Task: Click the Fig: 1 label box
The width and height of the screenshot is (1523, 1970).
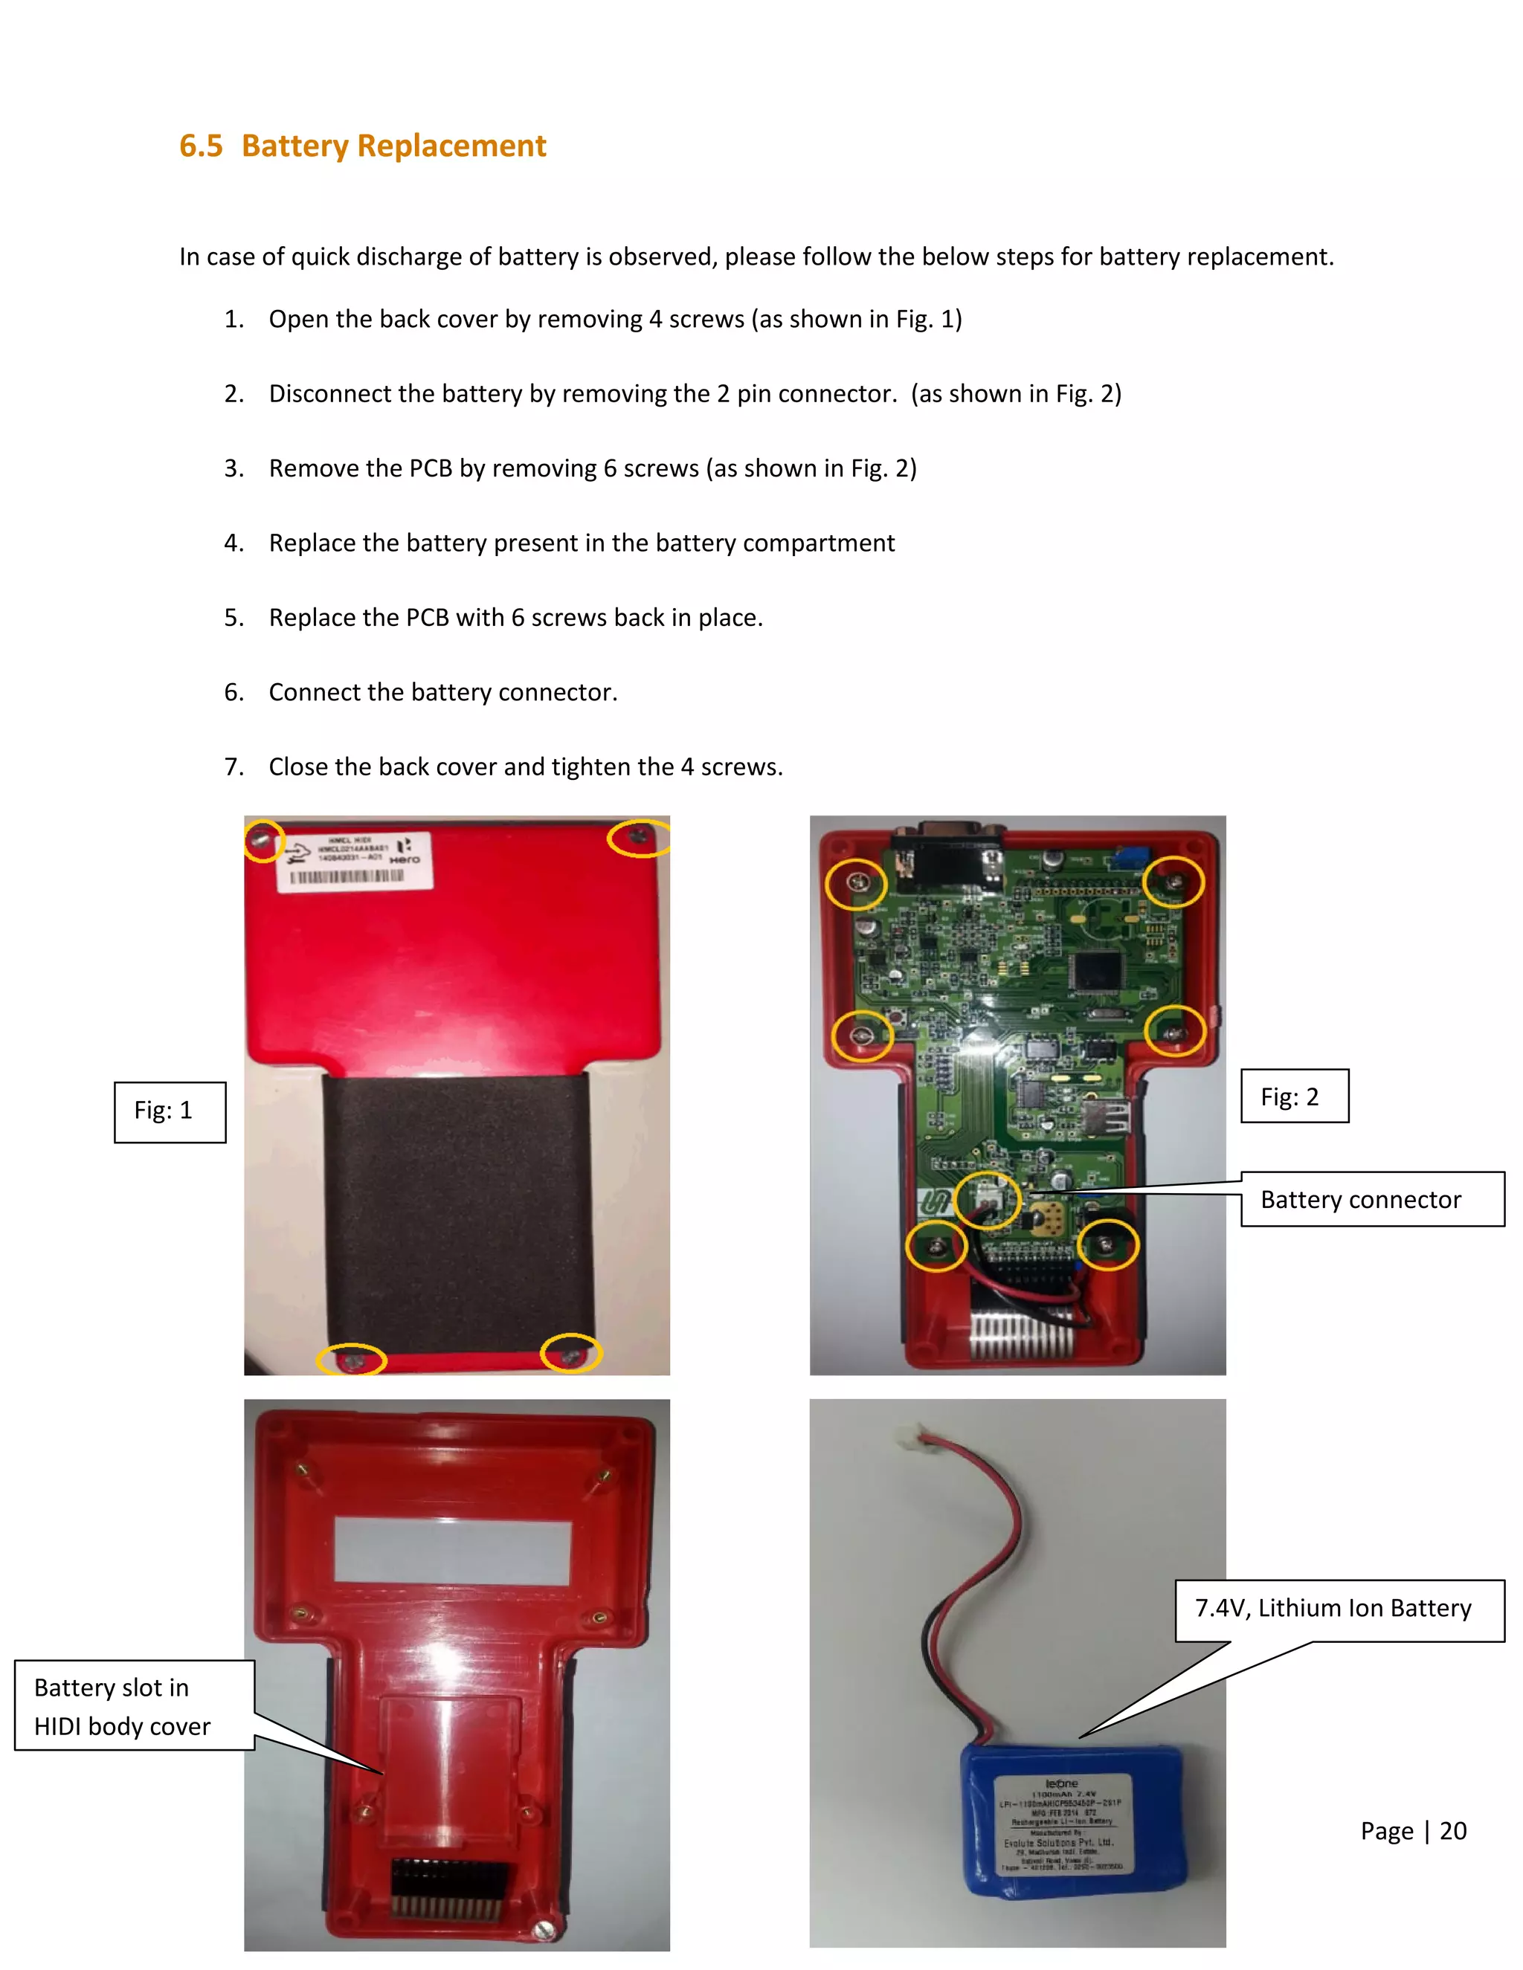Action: click(x=170, y=1111)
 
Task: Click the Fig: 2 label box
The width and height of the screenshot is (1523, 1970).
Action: click(x=1294, y=1096)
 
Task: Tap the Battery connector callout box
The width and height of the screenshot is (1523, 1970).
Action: click(x=1371, y=1200)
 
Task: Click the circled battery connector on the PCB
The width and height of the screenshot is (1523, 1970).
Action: click(x=987, y=1200)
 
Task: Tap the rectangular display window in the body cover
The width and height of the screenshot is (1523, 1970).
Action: click(x=453, y=1548)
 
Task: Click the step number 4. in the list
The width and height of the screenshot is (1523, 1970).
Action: click(x=234, y=543)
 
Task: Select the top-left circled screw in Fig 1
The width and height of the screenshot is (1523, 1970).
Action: click(x=263, y=842)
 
